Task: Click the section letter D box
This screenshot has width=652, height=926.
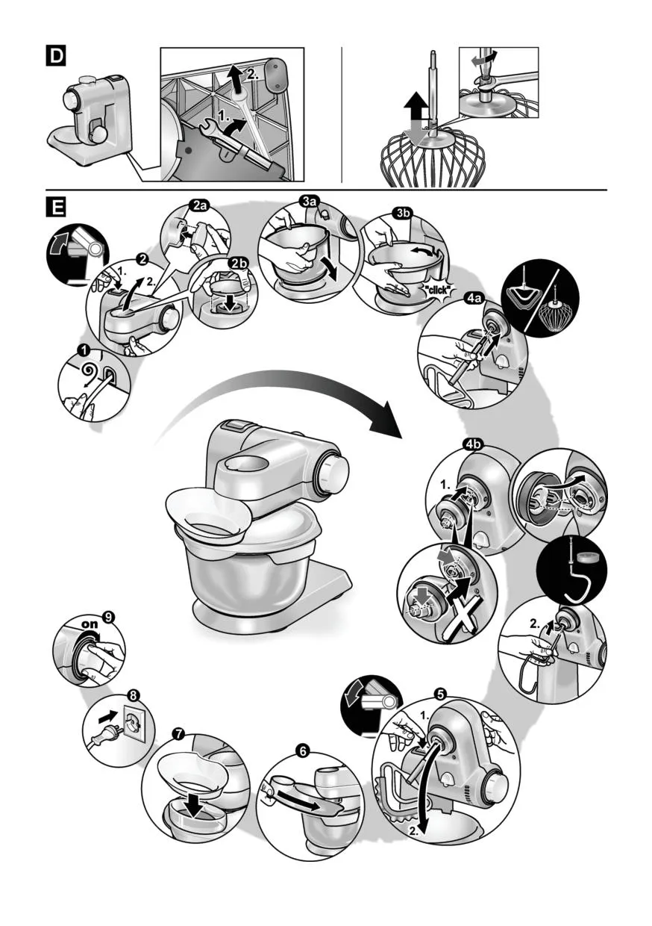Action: pos(56,56)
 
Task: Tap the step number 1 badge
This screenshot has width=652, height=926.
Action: pos(85,349)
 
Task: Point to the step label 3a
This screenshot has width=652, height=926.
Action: pos(310,201)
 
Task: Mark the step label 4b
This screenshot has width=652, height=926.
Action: pos(474,445)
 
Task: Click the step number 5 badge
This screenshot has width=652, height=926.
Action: pos(441,692)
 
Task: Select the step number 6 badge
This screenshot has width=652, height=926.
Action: pos(303,751)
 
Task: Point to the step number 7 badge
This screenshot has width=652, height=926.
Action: pos(178,733)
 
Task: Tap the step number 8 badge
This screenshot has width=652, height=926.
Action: pos(132,694)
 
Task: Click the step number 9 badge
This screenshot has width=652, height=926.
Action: pos(110,617)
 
